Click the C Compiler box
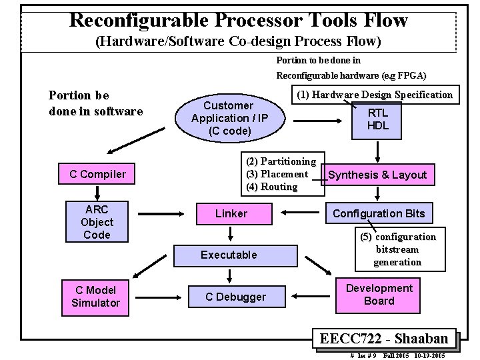point(97,175)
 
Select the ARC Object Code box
point(97,222)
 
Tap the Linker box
point(231,213)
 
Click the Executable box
point(229,255)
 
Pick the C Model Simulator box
point(96,297)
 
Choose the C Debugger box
point(235,297)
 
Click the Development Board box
point(379,295)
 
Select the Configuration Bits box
point(378,213)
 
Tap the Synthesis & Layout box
point(377,175)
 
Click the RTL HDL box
point(378,119)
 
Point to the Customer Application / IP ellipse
point(229,118)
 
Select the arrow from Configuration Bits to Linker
point(300,213)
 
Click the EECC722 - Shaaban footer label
point(386,338)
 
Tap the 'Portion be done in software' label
point(96,103)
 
